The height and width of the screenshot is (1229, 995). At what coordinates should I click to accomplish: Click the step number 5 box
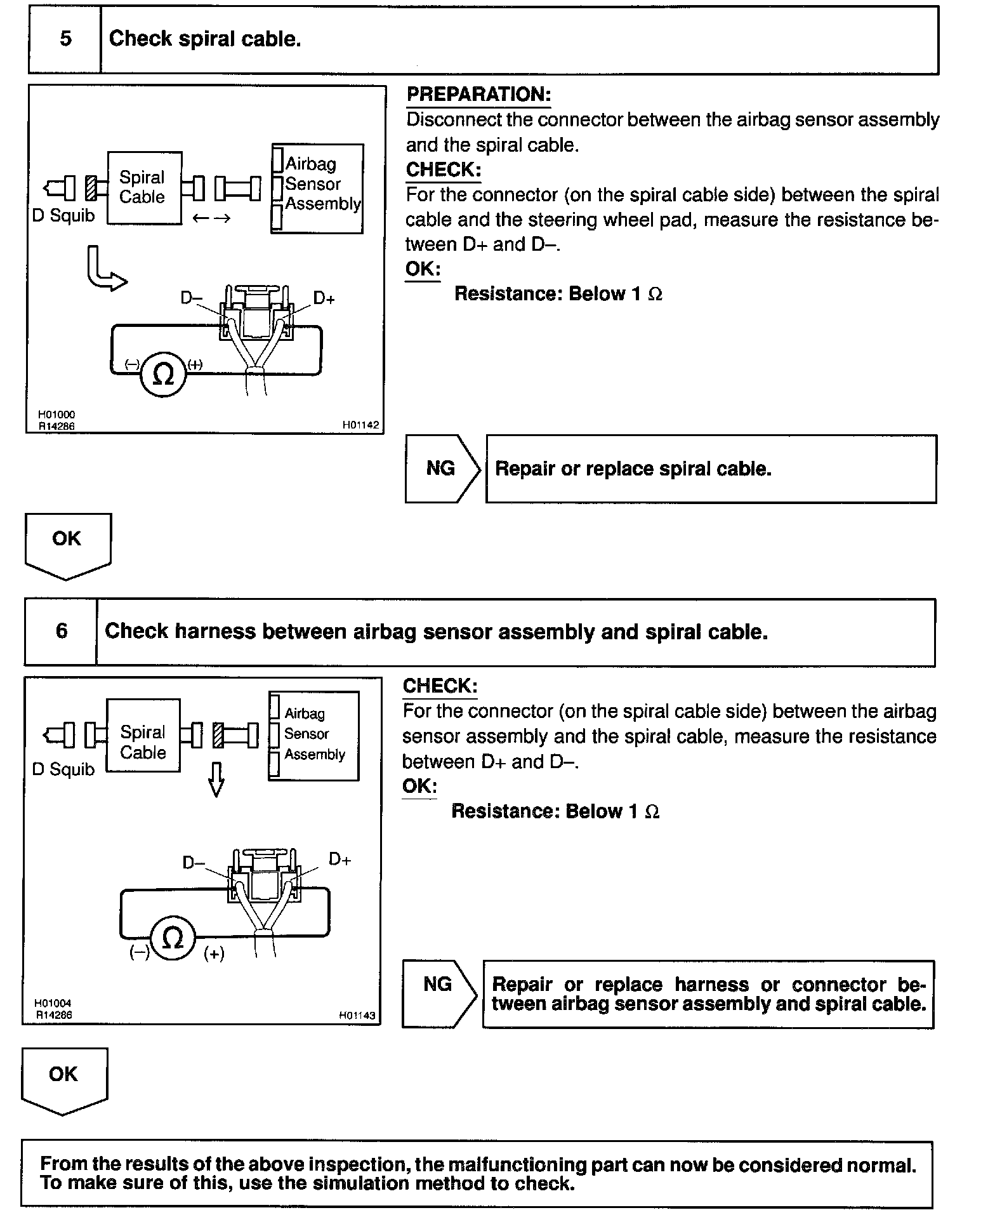(x=65, y=39)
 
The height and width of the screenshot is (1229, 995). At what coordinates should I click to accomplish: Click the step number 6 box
(x=61, y=631)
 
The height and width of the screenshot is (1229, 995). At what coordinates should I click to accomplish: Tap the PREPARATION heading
(x=478, y=95)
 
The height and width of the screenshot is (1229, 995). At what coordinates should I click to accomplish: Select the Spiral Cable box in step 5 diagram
(x=144, y=187)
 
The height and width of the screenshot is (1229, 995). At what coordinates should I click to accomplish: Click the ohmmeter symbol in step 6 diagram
(x=172, y=938)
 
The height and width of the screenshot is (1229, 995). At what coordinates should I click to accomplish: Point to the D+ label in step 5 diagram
(x=324, y=298)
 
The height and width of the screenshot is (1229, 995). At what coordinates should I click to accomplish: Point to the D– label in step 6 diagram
(x=193, y=862)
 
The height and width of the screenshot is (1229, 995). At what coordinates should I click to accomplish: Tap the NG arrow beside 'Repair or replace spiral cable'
(x=442, y=469)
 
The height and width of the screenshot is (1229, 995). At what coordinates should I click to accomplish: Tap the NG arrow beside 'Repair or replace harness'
(x=439, y=985)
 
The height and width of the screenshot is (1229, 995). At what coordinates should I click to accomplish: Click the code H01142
(x=360, y=425)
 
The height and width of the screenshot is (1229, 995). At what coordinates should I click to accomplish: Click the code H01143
(x=357, y=1015)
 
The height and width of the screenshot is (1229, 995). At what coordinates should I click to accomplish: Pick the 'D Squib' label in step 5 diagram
(x=63, y=216)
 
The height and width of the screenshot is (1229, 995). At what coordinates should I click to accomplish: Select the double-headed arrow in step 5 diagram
(x=211, y=218)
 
